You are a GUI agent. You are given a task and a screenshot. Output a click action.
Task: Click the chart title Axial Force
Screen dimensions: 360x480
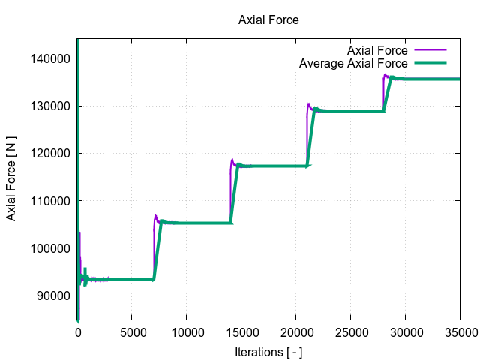coord(268,20)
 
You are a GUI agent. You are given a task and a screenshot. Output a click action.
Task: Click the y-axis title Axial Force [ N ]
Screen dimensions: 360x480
coord(12,178)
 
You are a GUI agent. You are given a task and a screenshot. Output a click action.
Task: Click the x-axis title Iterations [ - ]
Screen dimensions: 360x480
coord(268,352)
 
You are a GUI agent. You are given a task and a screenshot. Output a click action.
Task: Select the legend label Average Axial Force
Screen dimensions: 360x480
coord(353,64)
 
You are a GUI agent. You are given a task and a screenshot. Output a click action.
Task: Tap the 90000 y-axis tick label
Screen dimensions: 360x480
coord(57,295)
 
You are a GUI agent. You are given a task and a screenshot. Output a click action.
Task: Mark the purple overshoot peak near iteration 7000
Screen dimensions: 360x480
coord(155,216)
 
